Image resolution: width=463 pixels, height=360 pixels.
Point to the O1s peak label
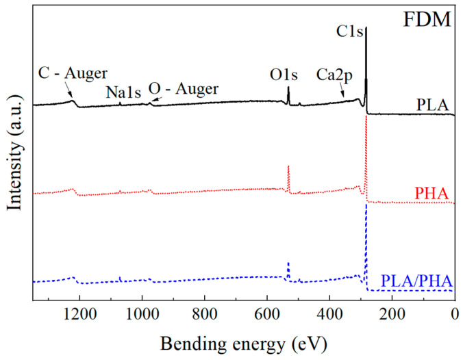point(288,73)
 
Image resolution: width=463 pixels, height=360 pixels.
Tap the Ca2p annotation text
point(335,73)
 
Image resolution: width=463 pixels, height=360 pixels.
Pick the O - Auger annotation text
point(183,88)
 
